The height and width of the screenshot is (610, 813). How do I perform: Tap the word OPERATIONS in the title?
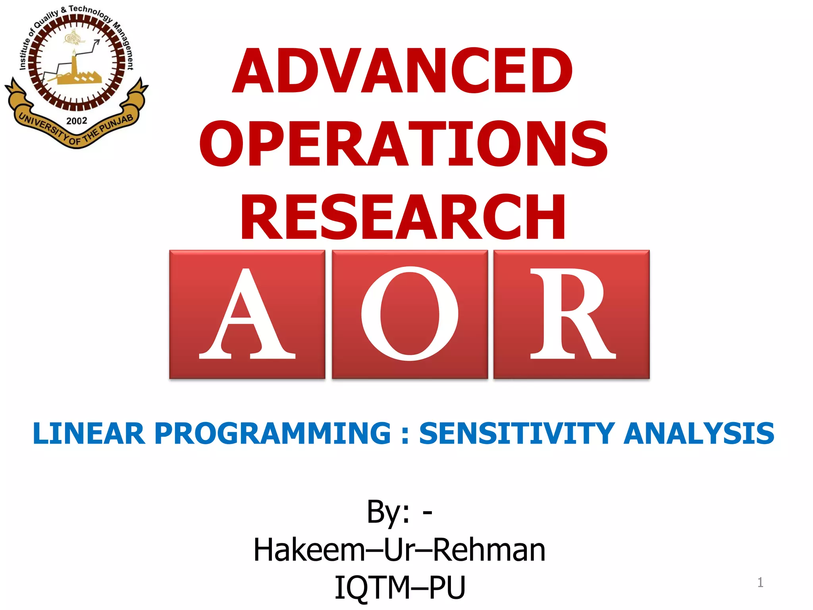point(403,144)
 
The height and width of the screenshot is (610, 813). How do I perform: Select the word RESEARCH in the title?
point(403,217)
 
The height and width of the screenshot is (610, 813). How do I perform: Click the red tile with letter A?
point(247,314)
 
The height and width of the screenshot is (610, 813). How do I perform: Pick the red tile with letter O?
point(409,314)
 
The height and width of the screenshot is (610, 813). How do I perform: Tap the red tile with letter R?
point(571,314)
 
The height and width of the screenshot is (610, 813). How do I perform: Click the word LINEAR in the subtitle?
point(89,433)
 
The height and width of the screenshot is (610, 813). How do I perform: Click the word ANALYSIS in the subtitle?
point(699,433)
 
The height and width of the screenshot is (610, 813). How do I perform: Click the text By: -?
point(399,512)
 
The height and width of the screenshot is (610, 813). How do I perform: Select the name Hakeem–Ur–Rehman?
point(399,550)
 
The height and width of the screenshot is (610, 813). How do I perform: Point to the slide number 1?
point(760,583)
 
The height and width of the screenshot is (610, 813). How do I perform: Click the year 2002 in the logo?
point(77,121)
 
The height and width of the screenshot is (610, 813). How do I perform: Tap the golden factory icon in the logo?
point(77,75)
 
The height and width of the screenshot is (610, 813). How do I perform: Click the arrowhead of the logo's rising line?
point(97,42)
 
